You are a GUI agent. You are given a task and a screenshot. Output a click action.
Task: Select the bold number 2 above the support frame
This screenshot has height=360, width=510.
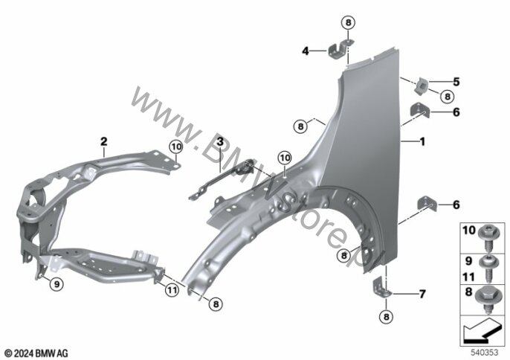104,141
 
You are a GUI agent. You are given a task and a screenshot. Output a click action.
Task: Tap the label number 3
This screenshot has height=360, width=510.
220,141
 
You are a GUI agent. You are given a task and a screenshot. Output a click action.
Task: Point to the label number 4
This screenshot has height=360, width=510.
305,51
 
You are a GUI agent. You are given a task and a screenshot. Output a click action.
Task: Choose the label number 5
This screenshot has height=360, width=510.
456,82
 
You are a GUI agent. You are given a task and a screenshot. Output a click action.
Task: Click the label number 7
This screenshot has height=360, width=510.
422,292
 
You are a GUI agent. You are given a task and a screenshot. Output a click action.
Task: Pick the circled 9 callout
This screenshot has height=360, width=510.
57,283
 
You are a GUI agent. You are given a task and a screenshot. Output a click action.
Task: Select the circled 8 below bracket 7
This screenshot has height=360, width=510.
385,318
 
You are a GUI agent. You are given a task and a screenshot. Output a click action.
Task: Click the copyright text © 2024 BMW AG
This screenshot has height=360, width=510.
37,352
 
